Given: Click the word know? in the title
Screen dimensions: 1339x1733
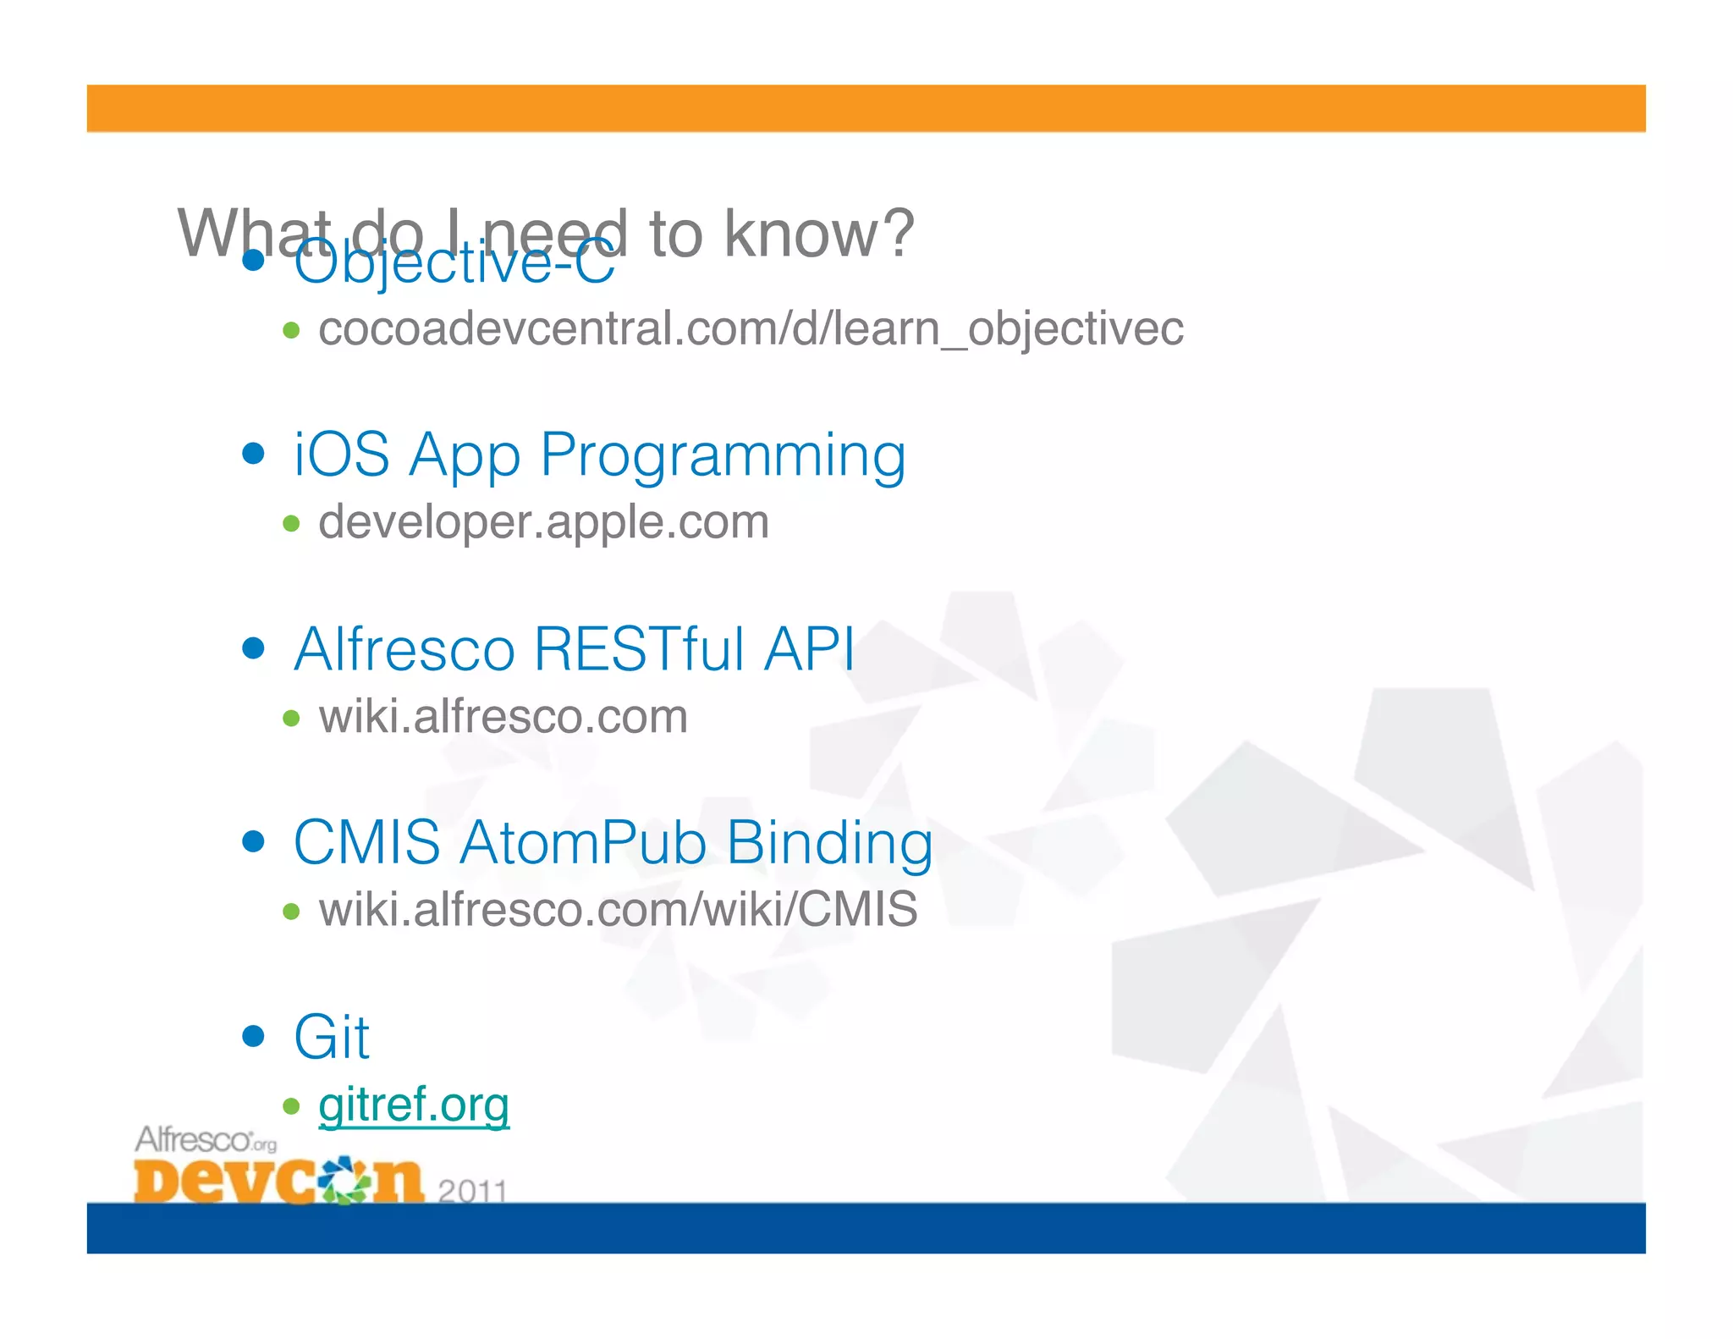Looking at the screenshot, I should click(818, 234).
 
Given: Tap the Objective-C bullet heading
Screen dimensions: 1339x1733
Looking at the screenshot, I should click(454, 262).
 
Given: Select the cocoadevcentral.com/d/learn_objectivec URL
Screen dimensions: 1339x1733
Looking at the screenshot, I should click(750, 328).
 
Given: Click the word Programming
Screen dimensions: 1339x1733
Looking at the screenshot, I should click(723, 457).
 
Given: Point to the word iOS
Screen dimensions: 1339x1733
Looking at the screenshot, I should click(341, 455).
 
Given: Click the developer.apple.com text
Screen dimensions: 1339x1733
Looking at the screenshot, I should click(543, 522).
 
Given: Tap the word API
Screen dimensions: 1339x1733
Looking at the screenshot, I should click(809, 650).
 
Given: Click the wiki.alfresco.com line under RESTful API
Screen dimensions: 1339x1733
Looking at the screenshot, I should click(503, 717).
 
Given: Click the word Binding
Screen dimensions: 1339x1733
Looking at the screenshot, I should click(829, 845).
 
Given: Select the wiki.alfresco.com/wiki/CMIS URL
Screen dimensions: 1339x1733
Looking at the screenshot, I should click(618, 910).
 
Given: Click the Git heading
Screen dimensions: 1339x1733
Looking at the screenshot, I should click(331, 1038).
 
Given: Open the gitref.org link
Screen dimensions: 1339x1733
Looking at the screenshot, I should click(414, 1105).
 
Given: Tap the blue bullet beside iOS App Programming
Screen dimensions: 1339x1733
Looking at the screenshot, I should click(253, 454).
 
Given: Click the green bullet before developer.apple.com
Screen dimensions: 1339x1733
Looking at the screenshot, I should click(291, 524).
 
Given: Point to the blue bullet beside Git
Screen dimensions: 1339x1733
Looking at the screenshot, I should click(253, 1036).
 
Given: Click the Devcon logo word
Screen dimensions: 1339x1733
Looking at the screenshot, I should click(278, 1180).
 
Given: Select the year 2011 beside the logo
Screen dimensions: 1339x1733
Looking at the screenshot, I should click(472, 1190).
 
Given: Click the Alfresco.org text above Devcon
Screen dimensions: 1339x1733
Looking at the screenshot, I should click(206, 1140).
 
